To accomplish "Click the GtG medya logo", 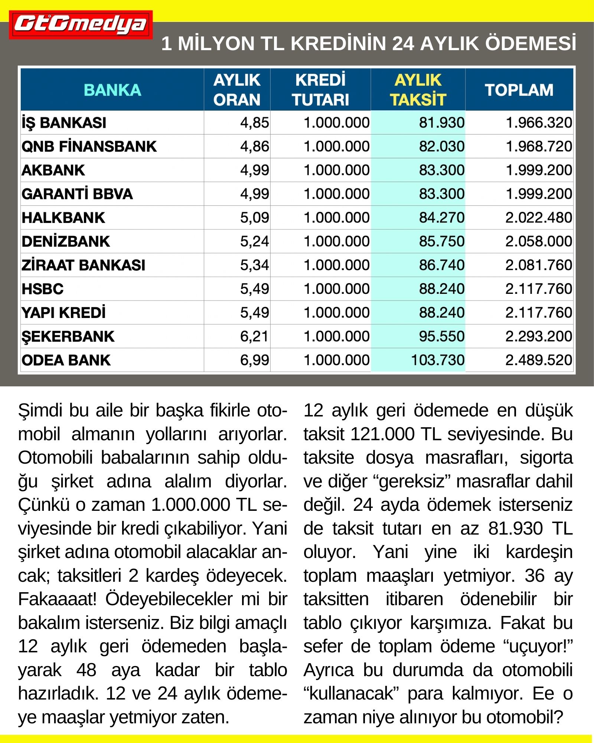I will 81,25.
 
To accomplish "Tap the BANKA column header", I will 112,90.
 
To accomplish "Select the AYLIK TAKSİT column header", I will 418,90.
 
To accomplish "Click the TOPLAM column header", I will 519,90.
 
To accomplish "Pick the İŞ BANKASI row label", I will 64,123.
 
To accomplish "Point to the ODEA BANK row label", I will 66,360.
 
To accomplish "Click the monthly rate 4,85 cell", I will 254,123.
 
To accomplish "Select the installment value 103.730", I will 438,360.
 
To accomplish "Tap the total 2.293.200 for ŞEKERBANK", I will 538,337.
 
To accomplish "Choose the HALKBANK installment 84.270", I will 442,218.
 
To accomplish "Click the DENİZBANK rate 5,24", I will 254,241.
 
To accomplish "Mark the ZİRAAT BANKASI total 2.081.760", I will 538,265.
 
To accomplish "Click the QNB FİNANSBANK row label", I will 89,147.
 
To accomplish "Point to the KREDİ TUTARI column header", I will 320,90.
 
